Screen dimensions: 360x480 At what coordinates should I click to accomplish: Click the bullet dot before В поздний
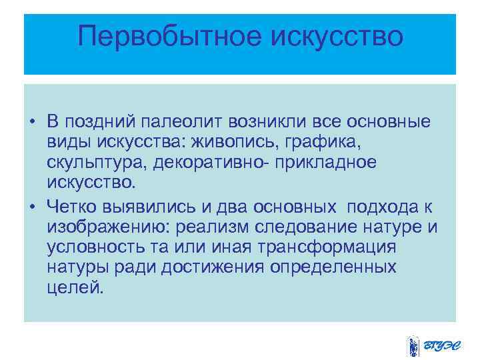(32, 123)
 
